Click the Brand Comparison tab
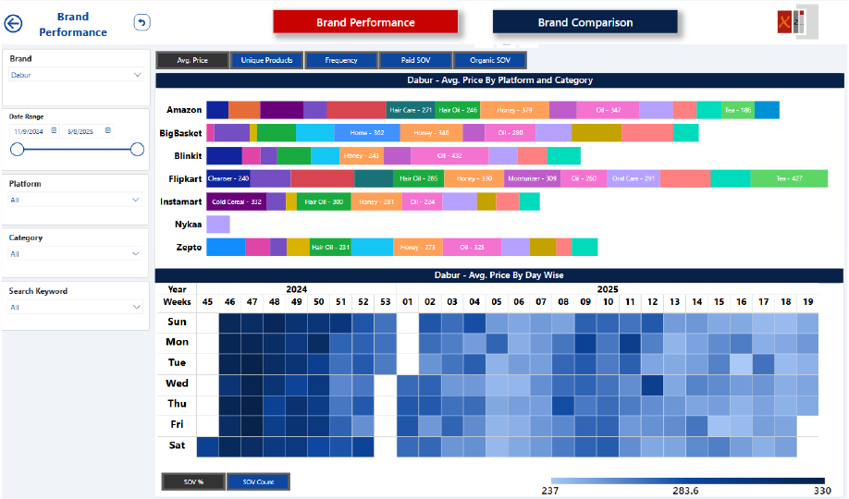pyautogui.click(x=584, y=22)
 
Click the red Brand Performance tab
pyautogui.click(x=365, y=22)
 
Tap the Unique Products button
pyautogui.click(x=266, y=60)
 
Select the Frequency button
pyautogui.click(x=341, y=60)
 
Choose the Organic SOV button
pyautogui.click(x=490, y=60)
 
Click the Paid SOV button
pyautogui.click(x=416, y=60)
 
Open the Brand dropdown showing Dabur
pyautogui.click(x=76, y=75)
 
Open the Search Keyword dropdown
pyautogui.click(x=76, y=307)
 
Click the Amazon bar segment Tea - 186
pyautogui.click(x=737, y=110)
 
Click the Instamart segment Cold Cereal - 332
pyautogui.click(x=236, y=201)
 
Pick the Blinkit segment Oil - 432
pyautogui.click(x=449, y=156)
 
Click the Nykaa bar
pyautogui.click(x=217, y=225)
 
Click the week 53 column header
pyautogui.click(x=386, y=302)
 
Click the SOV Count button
pyautogui.click(x=258, y=481)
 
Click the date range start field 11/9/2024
pyautogui.click(x=31, y=131)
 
